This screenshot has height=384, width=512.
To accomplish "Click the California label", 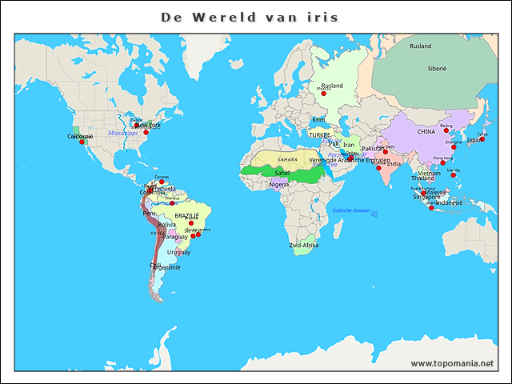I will pos(80,136).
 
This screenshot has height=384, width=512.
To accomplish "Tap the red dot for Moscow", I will pos(323,94).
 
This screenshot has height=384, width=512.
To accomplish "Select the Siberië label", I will pos(437,69).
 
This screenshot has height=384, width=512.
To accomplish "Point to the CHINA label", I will pos(426,131).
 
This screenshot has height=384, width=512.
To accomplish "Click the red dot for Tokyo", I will pos(482,138).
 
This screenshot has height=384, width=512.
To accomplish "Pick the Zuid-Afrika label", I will pos(304,245).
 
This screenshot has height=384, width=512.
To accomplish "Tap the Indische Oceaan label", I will pos(352,210).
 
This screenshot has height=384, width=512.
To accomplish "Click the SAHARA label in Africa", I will pos(286,160).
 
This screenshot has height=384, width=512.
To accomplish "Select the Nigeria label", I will pos(278,184).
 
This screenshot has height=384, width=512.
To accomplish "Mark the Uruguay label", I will pos(179,252).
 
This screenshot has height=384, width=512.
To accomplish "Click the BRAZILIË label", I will pos(186,216).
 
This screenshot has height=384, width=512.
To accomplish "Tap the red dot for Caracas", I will pos(162,182).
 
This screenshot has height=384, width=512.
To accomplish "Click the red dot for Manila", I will pos(454,175).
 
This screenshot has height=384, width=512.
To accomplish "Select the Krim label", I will pos(318,120).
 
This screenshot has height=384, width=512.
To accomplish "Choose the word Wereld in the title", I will pos(217,17).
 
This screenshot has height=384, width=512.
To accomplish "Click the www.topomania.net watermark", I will pos(452,363).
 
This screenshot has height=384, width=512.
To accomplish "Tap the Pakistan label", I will pos(373,149).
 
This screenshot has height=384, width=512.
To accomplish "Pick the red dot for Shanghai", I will pos(458,147).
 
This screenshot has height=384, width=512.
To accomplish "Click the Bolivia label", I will pos(166,225).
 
